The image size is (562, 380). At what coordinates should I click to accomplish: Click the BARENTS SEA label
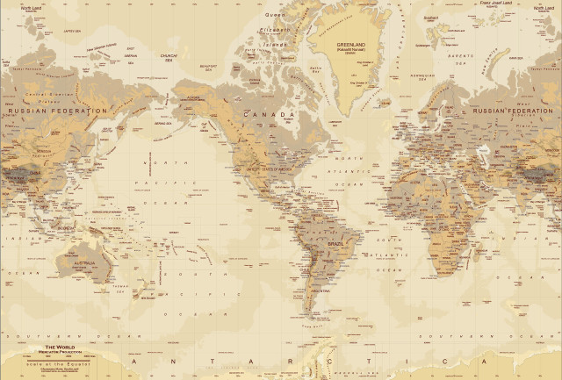tap(462, 54)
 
